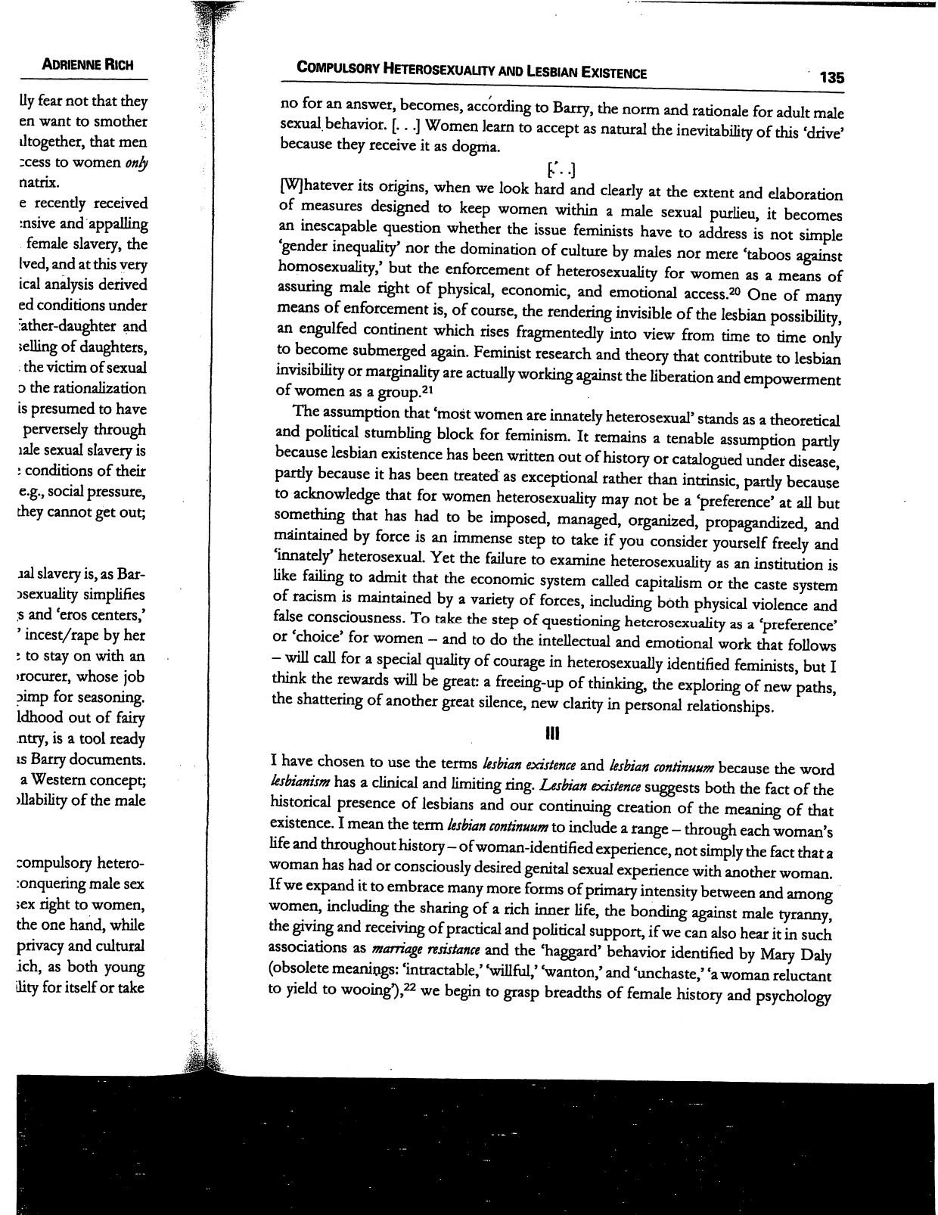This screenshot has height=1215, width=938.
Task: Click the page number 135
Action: [830, 77]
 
